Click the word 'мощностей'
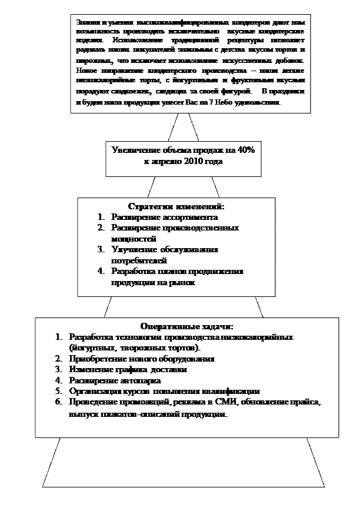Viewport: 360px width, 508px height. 134,239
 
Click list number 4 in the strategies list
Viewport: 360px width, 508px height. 101,271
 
